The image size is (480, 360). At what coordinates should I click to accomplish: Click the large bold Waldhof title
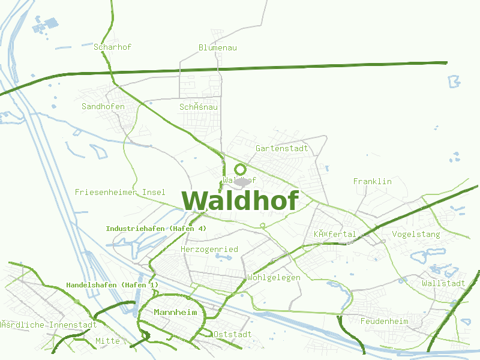(240, 200)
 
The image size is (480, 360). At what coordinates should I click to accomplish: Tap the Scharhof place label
(113, 47)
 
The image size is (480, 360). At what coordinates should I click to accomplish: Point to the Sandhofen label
(103, 107)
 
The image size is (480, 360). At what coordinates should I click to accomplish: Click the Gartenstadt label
(281, 148)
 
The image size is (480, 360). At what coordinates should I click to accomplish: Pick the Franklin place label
(372, 181)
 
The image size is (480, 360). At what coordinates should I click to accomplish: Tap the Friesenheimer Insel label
(120, 192)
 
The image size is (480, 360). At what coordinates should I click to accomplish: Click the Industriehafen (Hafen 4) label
(156, 229)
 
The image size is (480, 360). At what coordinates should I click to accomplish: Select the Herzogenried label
(209, 249)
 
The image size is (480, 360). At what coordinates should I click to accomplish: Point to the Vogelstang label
(416, 234)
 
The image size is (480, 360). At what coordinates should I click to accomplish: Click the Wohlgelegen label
(274, 278)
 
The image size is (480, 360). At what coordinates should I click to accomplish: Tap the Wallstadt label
(443, 283)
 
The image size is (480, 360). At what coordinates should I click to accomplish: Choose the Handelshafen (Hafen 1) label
(112, 284)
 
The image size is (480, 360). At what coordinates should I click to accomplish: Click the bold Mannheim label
(176, 312)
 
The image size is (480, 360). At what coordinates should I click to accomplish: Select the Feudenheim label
(384, 322)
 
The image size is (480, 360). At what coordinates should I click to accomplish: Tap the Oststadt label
(233, 334)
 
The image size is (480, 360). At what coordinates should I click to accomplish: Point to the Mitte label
(108, 341)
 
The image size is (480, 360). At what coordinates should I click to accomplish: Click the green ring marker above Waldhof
(241, 169)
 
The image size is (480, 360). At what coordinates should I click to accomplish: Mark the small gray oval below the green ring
(241, 181)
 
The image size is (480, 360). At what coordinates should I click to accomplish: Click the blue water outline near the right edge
(454, 81)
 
